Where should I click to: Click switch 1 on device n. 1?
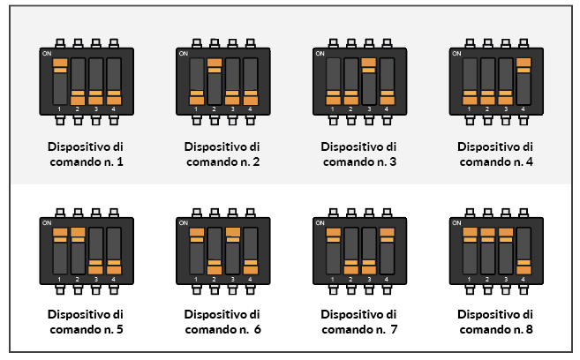[60, 81]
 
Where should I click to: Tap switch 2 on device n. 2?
[215, 81]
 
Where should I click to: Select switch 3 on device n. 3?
[369, 81]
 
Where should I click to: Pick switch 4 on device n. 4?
[524, 81]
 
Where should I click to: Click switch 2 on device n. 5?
[78, 251]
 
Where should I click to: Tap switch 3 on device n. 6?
[233, 251]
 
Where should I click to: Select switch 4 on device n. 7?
[387, 251]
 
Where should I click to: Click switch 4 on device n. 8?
[524, 251]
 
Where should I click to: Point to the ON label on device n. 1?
[47, 54]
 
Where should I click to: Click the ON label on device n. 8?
[456, 223]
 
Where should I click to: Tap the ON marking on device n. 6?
[184, 223]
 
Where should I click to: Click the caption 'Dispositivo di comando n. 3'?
[359, 154]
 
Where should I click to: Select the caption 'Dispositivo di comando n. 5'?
[86, 321]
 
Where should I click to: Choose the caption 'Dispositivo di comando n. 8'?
[495, 321]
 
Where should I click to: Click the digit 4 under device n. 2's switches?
[250, 109]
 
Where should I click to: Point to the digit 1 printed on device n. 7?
[332, 280]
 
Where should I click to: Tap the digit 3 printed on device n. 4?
[505, 109]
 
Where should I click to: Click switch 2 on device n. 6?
[215, 251]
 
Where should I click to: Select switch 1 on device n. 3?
[334, 81]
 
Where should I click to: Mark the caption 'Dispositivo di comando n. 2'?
[222, 154]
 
